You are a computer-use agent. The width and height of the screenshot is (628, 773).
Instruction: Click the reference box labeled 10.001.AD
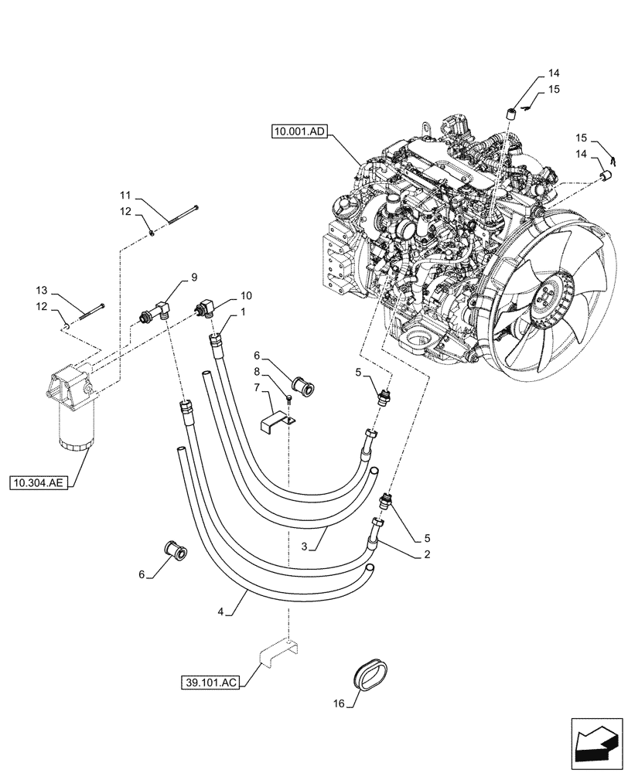click(x=300, y=132)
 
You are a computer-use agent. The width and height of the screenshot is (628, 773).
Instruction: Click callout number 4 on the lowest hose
click(x=221, y=611)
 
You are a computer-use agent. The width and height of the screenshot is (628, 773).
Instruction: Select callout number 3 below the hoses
click(x=305, y=546)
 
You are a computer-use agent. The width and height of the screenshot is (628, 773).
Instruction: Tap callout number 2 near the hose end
click(x=426, y=554)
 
